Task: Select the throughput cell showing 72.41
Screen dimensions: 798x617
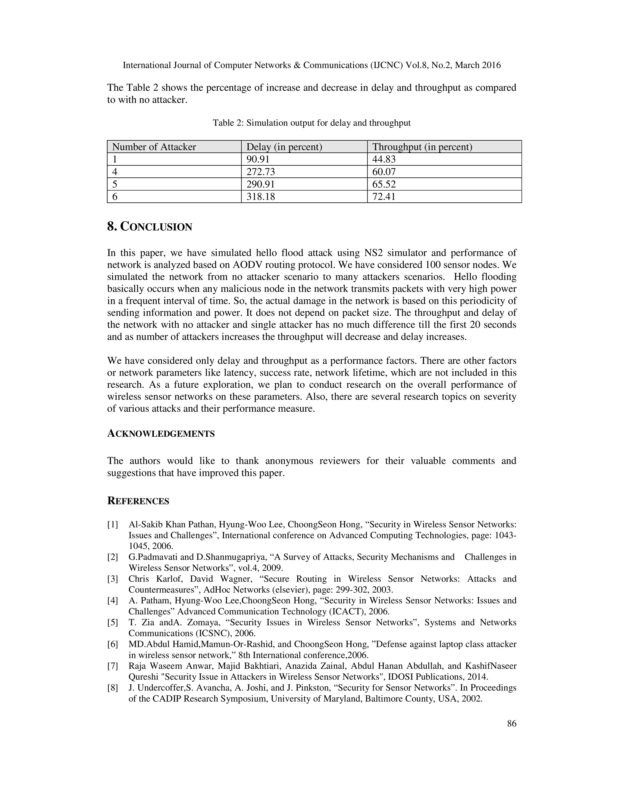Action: coord(384,197)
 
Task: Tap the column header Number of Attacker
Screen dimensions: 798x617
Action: coord(154,147)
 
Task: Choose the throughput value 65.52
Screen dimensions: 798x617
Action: coord(384,184)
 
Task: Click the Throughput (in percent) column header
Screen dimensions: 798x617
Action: coord(422,147)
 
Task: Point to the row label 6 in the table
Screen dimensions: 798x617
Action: coord(115,197)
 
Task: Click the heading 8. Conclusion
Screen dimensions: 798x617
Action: coord(149,227)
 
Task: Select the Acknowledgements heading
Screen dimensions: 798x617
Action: coord(161,434)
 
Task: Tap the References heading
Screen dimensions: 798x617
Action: coord(138,501)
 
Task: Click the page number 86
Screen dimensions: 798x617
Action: coord(512,723)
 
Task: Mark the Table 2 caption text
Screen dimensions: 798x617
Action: coord(312,123)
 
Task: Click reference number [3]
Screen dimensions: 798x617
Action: coord(113,579)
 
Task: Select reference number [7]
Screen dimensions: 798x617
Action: coord(113,666)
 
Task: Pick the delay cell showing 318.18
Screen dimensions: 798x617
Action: coord(261,197)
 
